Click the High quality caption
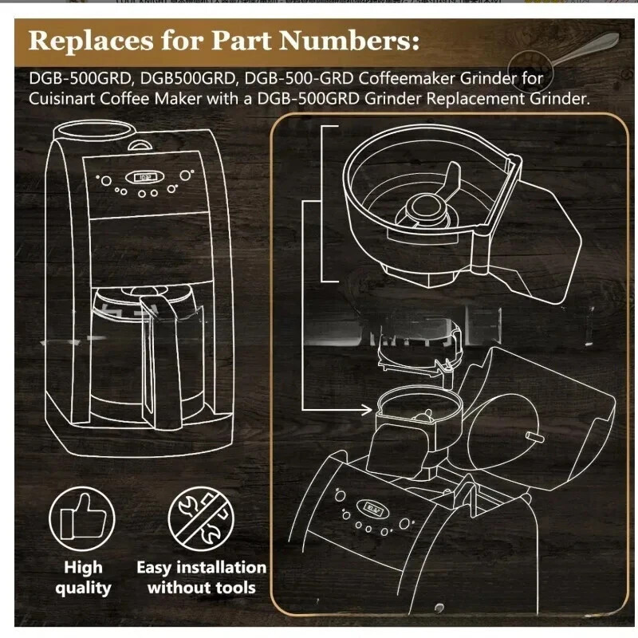[83, 578]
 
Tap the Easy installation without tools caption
[201, 578]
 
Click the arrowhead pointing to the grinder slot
[369, 410]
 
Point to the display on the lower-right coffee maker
[372, 504]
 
